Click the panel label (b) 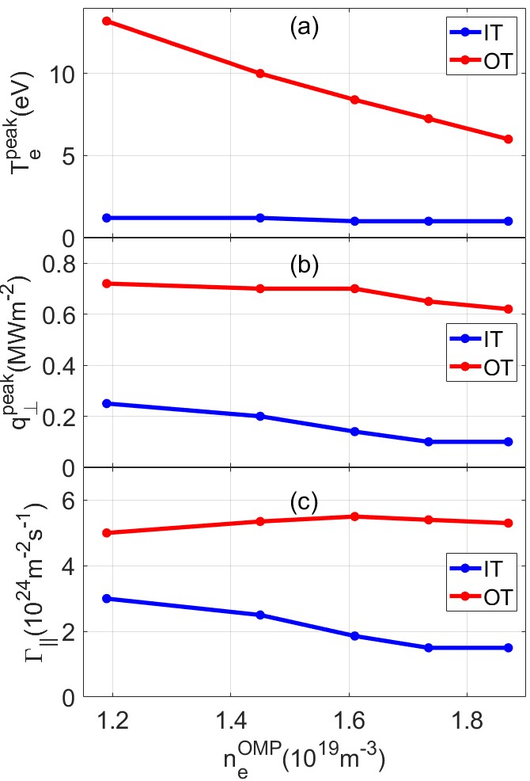[304, 265]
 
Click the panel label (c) [304, 501]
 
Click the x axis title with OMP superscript [305, 758]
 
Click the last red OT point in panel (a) [509, 139]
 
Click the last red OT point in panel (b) [509, 309]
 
